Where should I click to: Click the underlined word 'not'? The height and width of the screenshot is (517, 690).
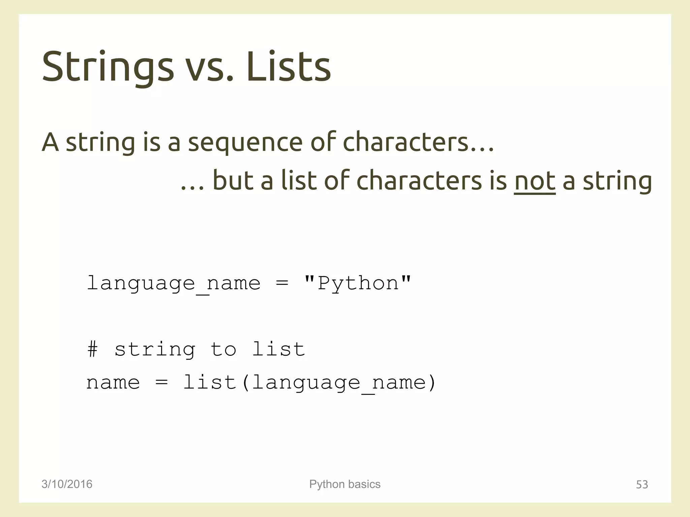pos(534,181)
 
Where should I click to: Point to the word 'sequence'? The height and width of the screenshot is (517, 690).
pos(245,143)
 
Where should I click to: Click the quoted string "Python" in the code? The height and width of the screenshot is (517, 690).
pos(358,283)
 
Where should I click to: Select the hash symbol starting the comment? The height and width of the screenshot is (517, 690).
pos(92,349)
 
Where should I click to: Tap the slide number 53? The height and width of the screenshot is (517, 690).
pos(642,484)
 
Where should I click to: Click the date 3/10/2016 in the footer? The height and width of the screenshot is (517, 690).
pos(67,484)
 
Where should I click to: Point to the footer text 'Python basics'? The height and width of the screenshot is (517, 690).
pos(345,484)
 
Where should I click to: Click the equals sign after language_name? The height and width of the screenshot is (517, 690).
pos(282,283)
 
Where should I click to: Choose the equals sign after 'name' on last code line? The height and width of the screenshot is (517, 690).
pos(162,383)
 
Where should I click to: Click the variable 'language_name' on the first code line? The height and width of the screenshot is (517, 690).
pos(174,283)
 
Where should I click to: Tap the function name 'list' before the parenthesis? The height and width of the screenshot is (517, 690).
pos(209,382)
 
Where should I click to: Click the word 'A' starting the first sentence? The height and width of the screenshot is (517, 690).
pos(50,143)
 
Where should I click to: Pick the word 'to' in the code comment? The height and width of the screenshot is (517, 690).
pos(223,349)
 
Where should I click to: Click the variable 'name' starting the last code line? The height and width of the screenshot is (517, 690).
pos(113,383)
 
